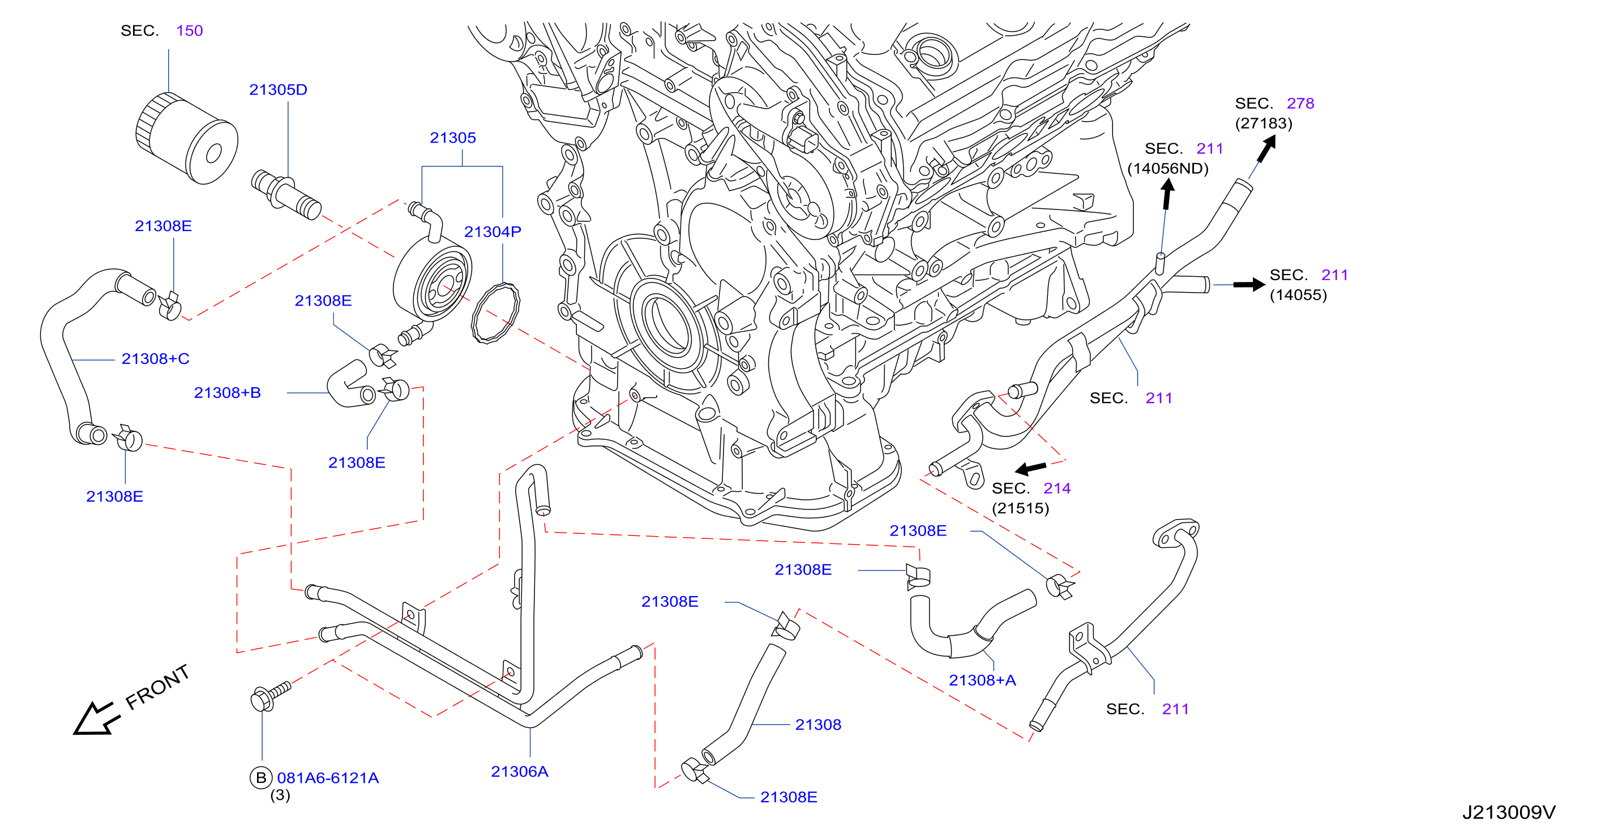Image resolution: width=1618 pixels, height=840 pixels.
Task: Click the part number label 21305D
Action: (x=278, y=90)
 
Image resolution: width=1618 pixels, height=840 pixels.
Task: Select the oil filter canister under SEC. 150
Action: (x=187, y=138)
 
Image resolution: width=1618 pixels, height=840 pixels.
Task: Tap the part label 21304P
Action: (x=493, y=232)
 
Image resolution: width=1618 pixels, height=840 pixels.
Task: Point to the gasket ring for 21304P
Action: (x=495, y=312)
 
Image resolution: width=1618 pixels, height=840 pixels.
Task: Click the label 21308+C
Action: (x=155, y=358)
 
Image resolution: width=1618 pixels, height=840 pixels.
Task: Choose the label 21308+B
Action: (x=228, y=392)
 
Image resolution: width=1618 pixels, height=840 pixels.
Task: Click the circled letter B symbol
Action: (x=260, y=778)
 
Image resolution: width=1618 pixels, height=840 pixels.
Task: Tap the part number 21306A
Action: (x=520, y=772)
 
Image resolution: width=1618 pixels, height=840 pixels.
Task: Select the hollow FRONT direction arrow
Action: (x=94, y=718)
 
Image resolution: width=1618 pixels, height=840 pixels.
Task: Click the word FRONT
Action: (x=157, y=687)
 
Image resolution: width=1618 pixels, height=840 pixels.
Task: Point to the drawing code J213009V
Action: (x=1509, y=812)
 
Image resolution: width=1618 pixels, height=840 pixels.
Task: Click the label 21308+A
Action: (x=982, y=680)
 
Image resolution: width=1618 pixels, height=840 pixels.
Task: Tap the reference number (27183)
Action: (x=1264, y=123)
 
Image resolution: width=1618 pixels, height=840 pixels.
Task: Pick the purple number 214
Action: (x=1057, y=488)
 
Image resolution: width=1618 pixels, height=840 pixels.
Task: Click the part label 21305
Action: (x=453, y=138)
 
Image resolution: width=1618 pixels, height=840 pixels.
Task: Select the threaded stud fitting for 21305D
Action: (x=286, y=195)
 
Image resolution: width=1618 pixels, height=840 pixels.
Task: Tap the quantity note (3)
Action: (x=280, y=795)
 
